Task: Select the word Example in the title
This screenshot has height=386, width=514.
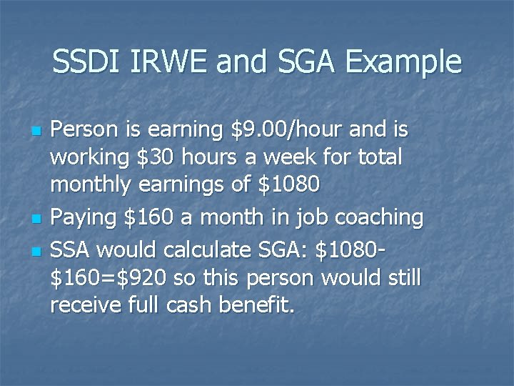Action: [x=403, y=62]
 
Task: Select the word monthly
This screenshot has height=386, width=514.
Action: [x=90, y=184]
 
